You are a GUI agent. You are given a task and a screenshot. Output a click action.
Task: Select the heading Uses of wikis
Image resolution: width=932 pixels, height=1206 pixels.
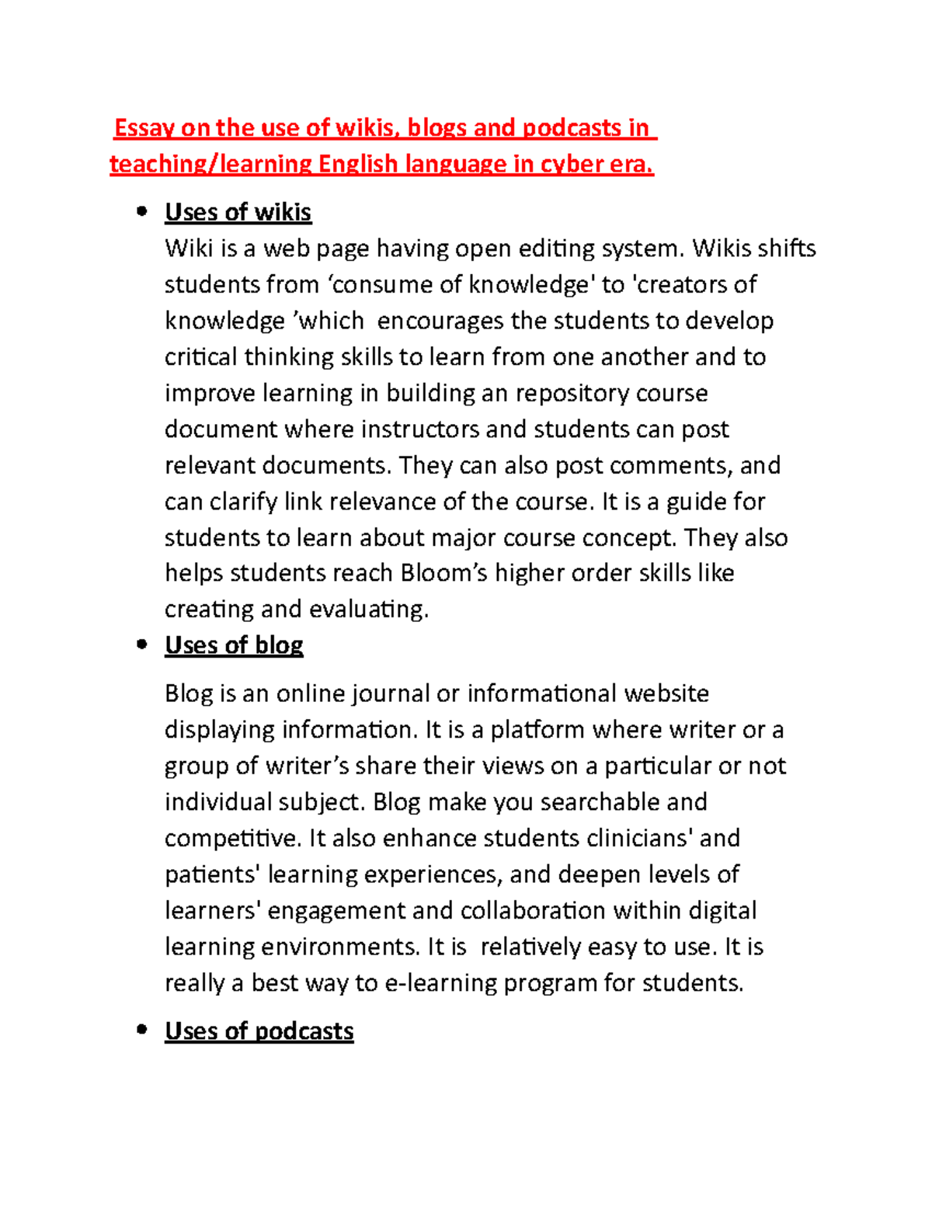pyautogui.click(x=238, y=212)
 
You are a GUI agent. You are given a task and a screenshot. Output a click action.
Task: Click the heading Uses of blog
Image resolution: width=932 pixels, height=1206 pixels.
pyautogui.click(x=234, y=645)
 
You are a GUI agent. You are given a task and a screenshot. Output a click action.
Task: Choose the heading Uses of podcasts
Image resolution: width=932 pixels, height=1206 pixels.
pyautogui.click(x=259, y=1031)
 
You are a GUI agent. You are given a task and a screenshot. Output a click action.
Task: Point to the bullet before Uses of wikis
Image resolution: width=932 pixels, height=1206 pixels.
pyautogui.click(x=141, y=211)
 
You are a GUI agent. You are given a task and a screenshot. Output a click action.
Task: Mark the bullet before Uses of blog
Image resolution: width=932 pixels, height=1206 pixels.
pyautogui.click(x=141, y=645)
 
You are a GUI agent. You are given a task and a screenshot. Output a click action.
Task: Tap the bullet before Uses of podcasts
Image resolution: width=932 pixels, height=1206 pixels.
pyautogui.click(x=141, y=1030)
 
